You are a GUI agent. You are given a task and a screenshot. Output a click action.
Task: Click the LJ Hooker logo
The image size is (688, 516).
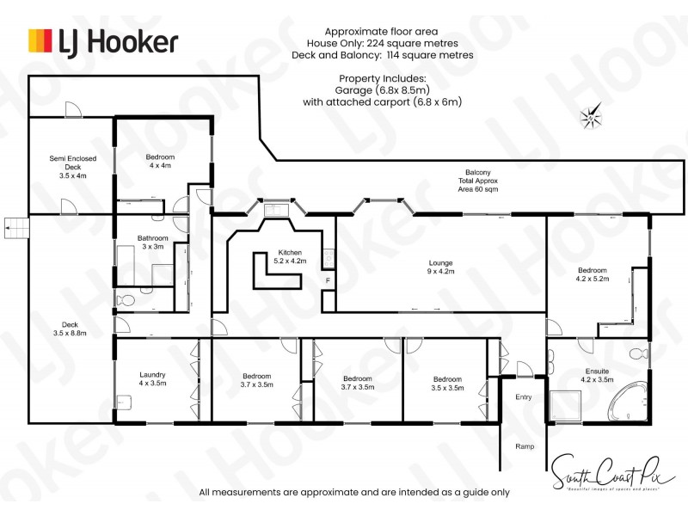tap(103, 40)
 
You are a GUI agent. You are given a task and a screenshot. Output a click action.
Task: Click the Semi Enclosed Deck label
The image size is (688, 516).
tap(72, 167)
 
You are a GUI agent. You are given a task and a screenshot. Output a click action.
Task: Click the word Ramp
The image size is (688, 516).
tap(525, 446)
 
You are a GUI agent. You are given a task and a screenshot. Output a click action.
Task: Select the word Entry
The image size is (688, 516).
tap(524, 397)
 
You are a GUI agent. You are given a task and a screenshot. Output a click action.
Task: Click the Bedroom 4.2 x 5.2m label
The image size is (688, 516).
tap(591, 274)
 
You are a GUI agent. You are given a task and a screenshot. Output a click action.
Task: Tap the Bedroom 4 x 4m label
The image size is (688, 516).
tap(160, 161)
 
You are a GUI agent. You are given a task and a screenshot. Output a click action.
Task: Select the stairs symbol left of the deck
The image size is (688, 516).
tap(16, 228)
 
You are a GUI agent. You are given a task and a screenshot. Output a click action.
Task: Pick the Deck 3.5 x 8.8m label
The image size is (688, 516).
tap(69, 329)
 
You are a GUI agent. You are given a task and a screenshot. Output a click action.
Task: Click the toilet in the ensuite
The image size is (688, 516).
tap(638, 353)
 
